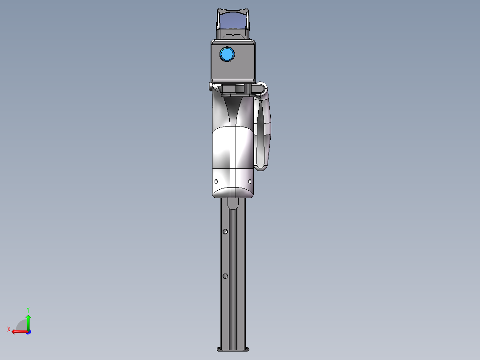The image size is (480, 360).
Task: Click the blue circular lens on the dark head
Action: click(x=227, y=54)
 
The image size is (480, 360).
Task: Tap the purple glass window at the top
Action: click(x=233, y=20)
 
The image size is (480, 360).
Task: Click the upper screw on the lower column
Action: click(x=226, y=231)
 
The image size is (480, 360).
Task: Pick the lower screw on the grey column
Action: click(x=225, y=276)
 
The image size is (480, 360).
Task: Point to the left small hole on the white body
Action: click(x=216, y=182)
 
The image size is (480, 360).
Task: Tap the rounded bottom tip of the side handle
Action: click(x=261, y=167)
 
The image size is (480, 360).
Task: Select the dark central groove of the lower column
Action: click(x=232, y=276)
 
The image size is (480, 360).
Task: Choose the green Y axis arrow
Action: click(x=28, y=320)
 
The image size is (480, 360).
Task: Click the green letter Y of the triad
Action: click(x=28, y=309)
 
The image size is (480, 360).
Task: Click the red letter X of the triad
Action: click(x=9, y=329)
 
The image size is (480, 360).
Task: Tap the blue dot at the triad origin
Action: click(x=28, y=332)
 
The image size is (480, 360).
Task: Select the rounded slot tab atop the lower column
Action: click(x=233, y=204)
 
